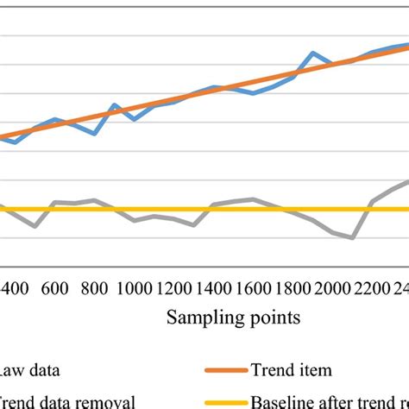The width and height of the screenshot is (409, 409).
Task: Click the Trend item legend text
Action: tap(291, 370)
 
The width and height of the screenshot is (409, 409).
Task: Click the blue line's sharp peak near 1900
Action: tap(311, 53)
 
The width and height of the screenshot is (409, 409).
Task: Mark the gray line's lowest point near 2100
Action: tap(353, 237)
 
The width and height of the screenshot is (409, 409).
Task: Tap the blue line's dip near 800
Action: tap(94, 134)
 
